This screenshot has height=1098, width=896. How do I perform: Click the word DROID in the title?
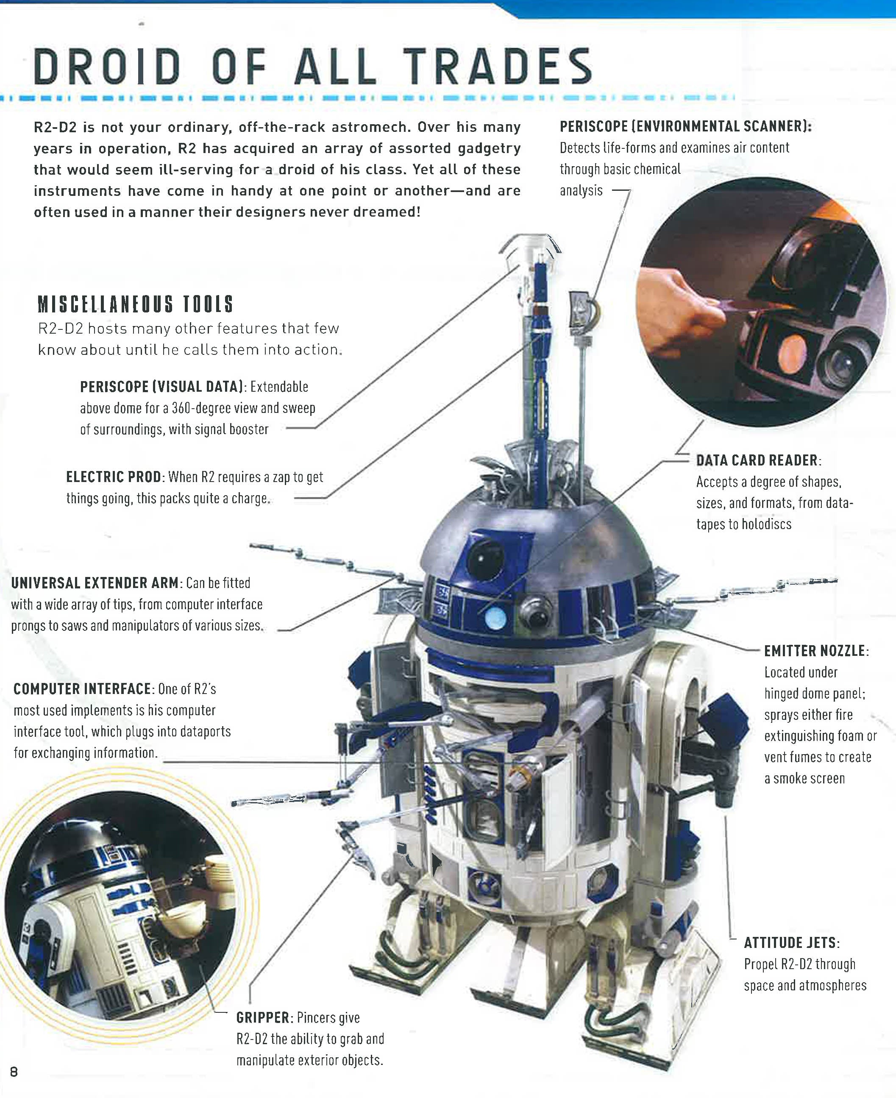107,67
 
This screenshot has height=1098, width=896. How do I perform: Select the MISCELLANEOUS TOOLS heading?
136,304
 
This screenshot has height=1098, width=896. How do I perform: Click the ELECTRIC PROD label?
114,477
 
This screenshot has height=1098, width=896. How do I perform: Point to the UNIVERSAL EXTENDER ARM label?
95,583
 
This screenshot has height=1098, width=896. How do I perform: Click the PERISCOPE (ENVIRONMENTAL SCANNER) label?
685,126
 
